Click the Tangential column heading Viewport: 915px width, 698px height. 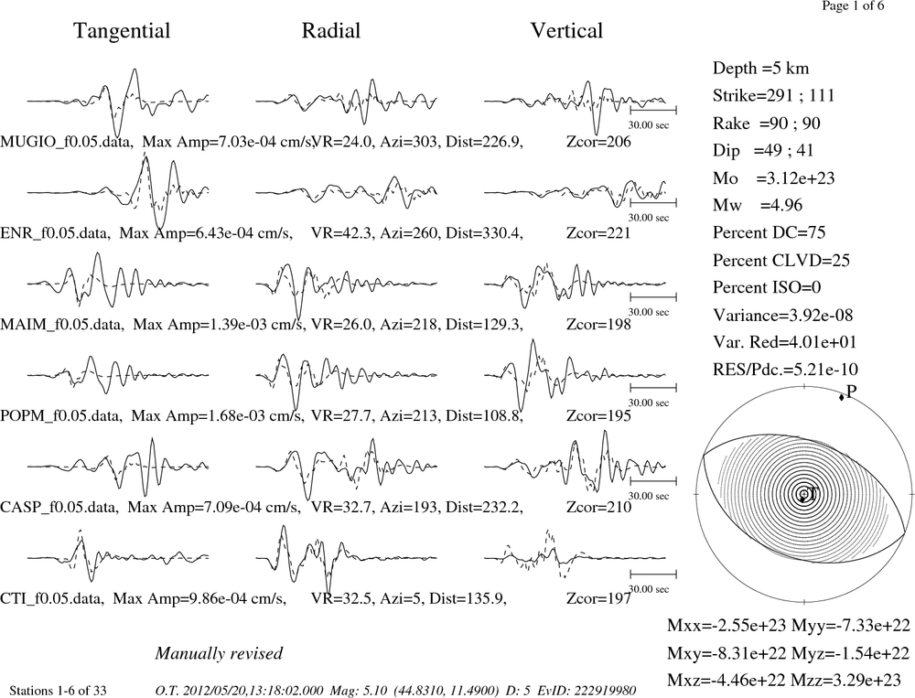pyautogui.click(x=122, y=31)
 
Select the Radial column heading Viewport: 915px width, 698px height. pyautogui.click(x=331, y=30)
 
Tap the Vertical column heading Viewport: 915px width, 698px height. pyautogui.click(x=566, y=30)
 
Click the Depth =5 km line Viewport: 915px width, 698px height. pyautogui.click(x=760, y=69)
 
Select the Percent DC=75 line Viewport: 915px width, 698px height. pyautogui.click(x=769, y=232)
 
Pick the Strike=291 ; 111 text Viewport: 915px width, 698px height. pyautogui.click(x=773, y=95)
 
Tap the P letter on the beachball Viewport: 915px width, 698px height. pyautogui.click(x=851, y=392)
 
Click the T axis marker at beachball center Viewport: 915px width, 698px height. pyautogui.click(x=803, y=495)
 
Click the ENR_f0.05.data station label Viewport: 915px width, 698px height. pyautogui.click(x=55, y=233)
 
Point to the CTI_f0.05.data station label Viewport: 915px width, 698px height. pyautogui.click(x=52, y=599)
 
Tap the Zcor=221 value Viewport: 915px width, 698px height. pyautogui.click(x=598, y=233)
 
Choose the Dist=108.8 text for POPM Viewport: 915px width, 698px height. pyautogui.click(x=484, y=416)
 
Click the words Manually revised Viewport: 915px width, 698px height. pyautogui.click(x=219, y=653)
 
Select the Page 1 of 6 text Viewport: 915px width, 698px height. pyautogui.click(x=853, y=5)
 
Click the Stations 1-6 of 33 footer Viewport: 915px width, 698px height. pyautogui.click(x=59, y=691)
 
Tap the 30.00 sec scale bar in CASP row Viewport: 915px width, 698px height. pyautogui.click(x=653, y=481)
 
